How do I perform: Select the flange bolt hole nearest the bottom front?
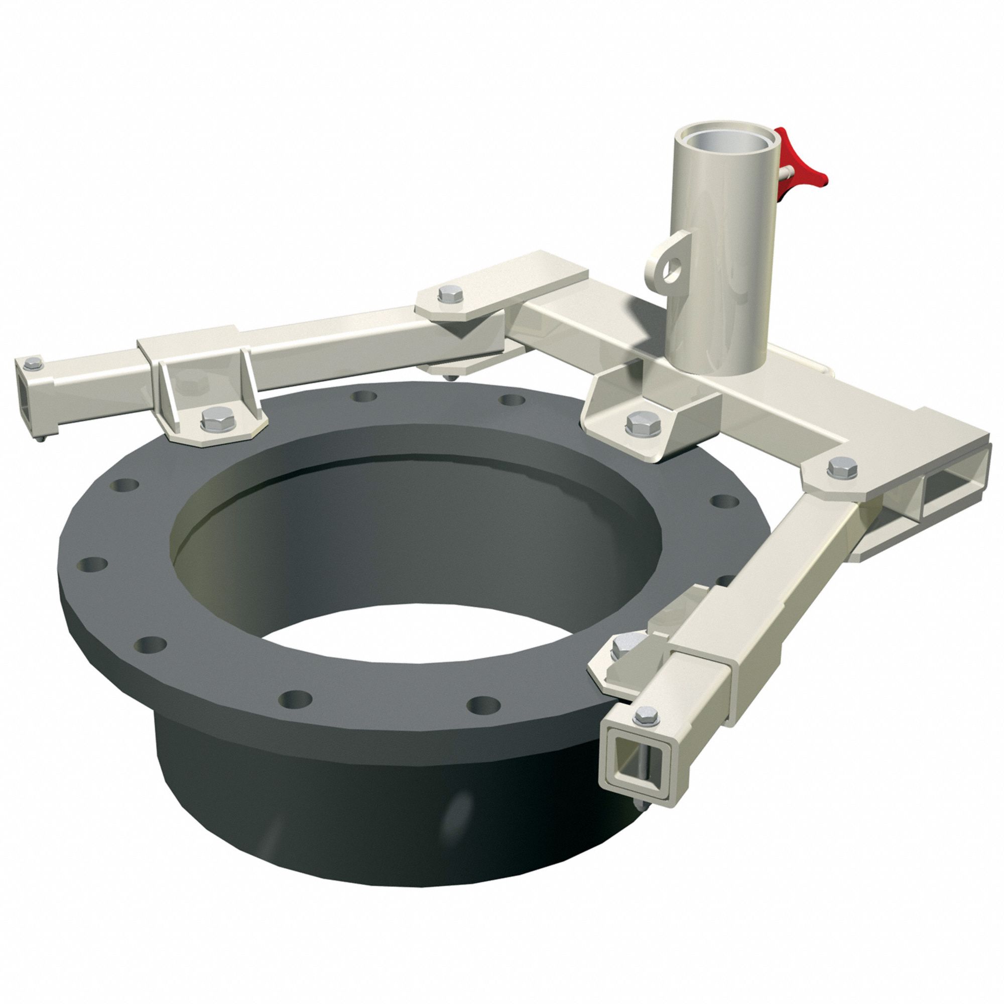[x=294, y=699]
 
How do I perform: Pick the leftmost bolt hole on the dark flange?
[x=93, y=564]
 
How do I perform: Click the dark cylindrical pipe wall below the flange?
[x=364, y=831]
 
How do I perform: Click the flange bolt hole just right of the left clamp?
[x=364, y=397]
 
